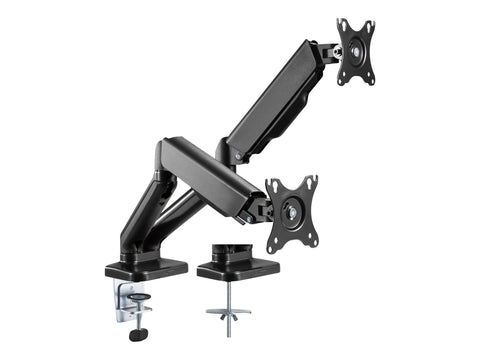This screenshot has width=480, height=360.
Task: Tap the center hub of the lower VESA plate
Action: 291,211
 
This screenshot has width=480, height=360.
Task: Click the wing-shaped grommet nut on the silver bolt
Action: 228,313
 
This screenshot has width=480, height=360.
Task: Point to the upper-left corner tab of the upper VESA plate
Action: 340,23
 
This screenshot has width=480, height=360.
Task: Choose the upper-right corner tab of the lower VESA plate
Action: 311,181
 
